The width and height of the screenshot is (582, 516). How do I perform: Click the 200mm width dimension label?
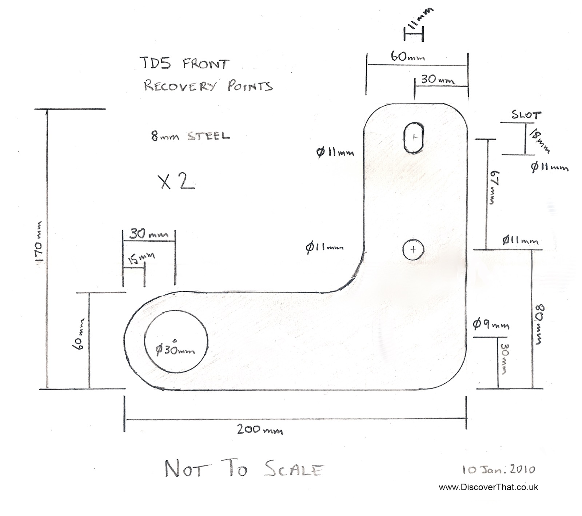(260, 430)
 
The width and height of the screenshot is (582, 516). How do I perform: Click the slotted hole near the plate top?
(414, 138)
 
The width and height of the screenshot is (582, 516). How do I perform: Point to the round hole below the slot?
(413, 249)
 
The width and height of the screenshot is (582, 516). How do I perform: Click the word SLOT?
(526, 115)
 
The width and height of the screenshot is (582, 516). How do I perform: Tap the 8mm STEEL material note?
(190, 136)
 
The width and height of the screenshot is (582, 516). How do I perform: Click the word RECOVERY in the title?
(180, 86)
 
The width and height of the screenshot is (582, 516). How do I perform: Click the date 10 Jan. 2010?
(499, 470)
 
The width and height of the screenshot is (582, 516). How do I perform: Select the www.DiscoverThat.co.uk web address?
(488, 488)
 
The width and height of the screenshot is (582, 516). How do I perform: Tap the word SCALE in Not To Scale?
(293, 469)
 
